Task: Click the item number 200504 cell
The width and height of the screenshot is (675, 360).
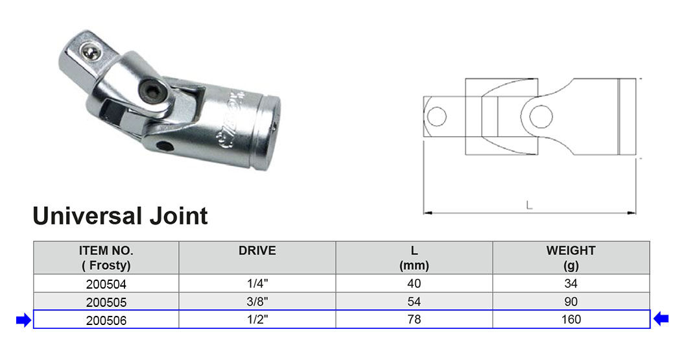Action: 106,283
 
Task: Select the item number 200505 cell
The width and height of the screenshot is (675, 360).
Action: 106,302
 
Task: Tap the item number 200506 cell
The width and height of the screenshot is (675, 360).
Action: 106,320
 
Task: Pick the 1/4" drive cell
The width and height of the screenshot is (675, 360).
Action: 257,283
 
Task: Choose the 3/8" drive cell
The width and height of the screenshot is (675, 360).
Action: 257,302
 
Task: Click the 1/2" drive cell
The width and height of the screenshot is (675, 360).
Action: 257,320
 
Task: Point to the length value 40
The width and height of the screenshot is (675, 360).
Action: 414,283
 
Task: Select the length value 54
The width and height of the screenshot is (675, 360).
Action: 414,302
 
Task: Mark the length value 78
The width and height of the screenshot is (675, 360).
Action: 414,320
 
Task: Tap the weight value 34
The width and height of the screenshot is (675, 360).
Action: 571,283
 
